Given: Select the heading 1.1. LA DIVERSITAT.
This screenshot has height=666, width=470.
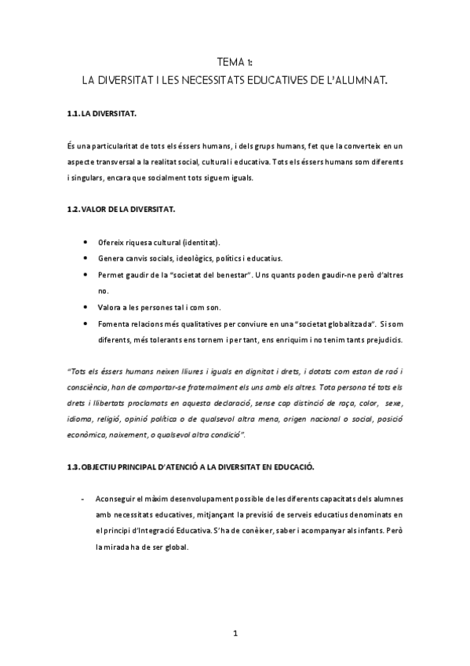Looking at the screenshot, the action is [102, 115].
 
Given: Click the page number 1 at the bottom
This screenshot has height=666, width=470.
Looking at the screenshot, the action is [234, 632].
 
